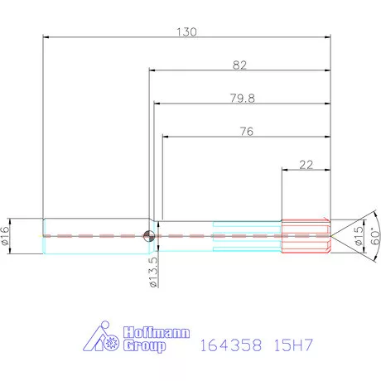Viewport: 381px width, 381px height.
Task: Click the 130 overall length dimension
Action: pyautogui.click(x=187, y=31)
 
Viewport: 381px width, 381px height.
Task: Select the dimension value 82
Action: pyautogui.click(x=240, y=65)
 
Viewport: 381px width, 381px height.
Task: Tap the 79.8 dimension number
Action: pyautogui.click(x=242, y=98)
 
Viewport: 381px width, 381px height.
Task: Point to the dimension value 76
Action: pyautogui.click(x=245, y=131)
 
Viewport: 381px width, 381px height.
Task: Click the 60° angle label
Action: pyautogui.click(x=373, y=235)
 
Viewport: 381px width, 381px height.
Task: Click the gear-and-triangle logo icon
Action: pyautogui.click(x=103, y=338)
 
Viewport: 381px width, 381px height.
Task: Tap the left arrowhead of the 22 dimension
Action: pyautogui.click(x=285, y=171)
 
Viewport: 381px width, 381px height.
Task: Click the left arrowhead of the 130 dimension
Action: pyautogui.click(x=45, y=36)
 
